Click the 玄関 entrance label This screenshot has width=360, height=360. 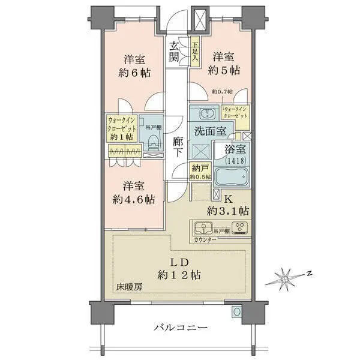pos(175,51)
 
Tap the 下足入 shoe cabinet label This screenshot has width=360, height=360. pos(195,52)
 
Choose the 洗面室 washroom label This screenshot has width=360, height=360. pos(209,131)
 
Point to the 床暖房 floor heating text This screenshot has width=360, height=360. pos(130,287)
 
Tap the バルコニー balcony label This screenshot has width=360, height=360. pos(180,328)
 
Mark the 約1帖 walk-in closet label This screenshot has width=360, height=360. pos(124,127)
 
